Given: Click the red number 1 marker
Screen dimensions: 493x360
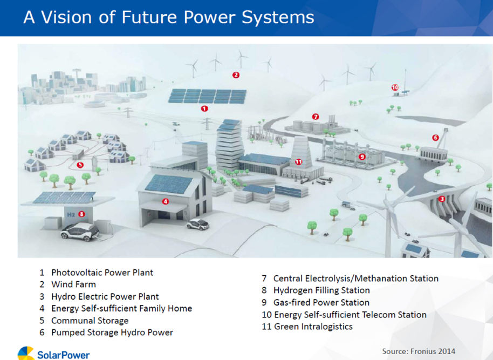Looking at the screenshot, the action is tap(204, 108).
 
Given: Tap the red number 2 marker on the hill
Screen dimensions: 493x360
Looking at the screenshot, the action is tap(236, 75).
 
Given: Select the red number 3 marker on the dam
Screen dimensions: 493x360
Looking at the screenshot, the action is tap(442, 199).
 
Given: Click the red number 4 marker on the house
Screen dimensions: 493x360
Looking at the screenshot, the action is tap(166, 201).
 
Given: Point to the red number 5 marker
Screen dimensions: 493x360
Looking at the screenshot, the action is tap(80, 165).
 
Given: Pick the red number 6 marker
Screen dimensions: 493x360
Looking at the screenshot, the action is tap(435, 138).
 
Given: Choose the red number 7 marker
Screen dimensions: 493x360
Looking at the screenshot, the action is tap(316, 117).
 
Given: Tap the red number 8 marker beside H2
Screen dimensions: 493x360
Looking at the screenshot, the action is tap(82, 214).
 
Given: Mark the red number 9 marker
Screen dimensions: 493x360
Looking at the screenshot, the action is tap(362, 157).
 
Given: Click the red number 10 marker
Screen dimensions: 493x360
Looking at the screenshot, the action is tap(395, 87).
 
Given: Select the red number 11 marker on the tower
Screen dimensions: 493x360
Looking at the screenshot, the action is tap(298, 162).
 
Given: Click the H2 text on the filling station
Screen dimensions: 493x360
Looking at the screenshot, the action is tap(71, 215).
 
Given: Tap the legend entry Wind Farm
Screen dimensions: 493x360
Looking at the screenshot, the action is tap(73, 284).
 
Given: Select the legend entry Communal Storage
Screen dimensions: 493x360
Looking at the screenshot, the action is tap(90, 321).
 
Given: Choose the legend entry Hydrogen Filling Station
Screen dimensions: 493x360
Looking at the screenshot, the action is tap(321, 290).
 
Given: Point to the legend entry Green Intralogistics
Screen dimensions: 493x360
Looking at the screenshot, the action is tap(313, 327).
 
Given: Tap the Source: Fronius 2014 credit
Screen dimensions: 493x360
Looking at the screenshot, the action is tap(419, 351).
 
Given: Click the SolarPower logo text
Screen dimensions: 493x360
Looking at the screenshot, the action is tap(64, 355).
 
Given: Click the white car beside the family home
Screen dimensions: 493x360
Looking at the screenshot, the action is tap(198, 224).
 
